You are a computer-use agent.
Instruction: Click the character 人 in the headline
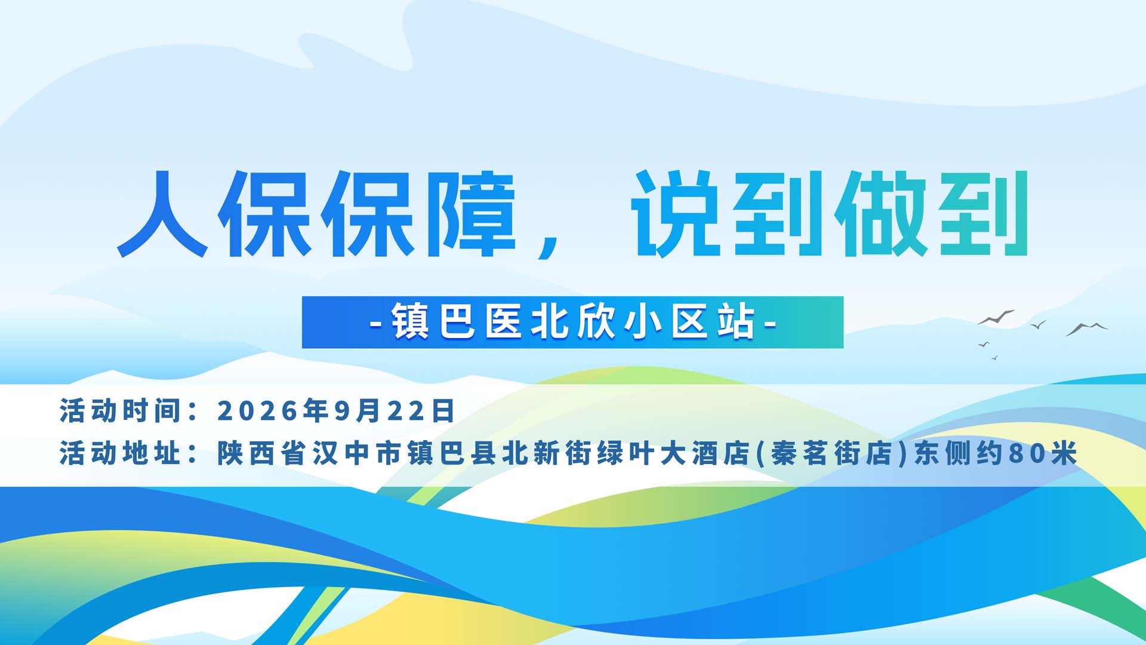[162, 214]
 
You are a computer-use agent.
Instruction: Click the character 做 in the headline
[881, 214]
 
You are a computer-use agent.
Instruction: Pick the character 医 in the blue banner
[504, 322]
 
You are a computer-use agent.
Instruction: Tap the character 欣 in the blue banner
[597, 322]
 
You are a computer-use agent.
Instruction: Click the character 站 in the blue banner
[737, 322]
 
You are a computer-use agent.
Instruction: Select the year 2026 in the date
[257, 411]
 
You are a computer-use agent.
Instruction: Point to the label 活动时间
[120, 411]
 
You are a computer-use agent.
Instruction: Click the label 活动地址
[120, 453]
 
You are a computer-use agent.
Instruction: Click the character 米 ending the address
[1064, 453]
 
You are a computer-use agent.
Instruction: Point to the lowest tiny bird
[994, 358]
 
